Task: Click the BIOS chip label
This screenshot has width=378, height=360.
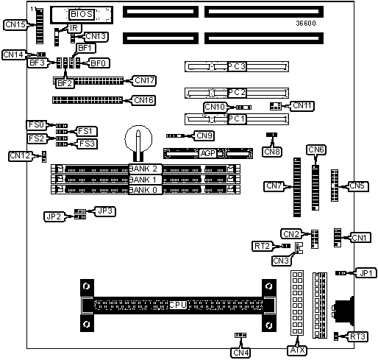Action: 82,14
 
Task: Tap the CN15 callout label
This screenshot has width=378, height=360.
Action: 15,24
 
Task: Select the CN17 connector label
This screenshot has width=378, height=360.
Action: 145,80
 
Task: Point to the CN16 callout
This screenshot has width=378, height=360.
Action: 143,100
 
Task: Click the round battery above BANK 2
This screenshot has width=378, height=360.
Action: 138,139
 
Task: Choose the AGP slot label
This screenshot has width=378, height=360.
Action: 208,153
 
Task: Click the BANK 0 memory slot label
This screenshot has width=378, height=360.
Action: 145,190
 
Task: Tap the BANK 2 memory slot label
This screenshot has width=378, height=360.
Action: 145,169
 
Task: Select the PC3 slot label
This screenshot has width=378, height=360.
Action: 237,66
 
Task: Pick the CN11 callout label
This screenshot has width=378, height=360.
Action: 302,106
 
